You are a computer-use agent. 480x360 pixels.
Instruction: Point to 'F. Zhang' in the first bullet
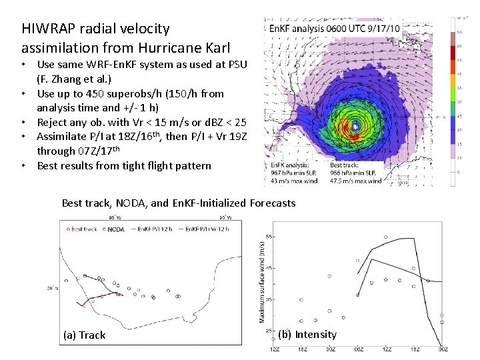(61, 79)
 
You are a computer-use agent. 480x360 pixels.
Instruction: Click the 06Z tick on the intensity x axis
(358, 349)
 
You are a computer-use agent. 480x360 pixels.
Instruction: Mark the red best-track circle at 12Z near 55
(386, 237)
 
